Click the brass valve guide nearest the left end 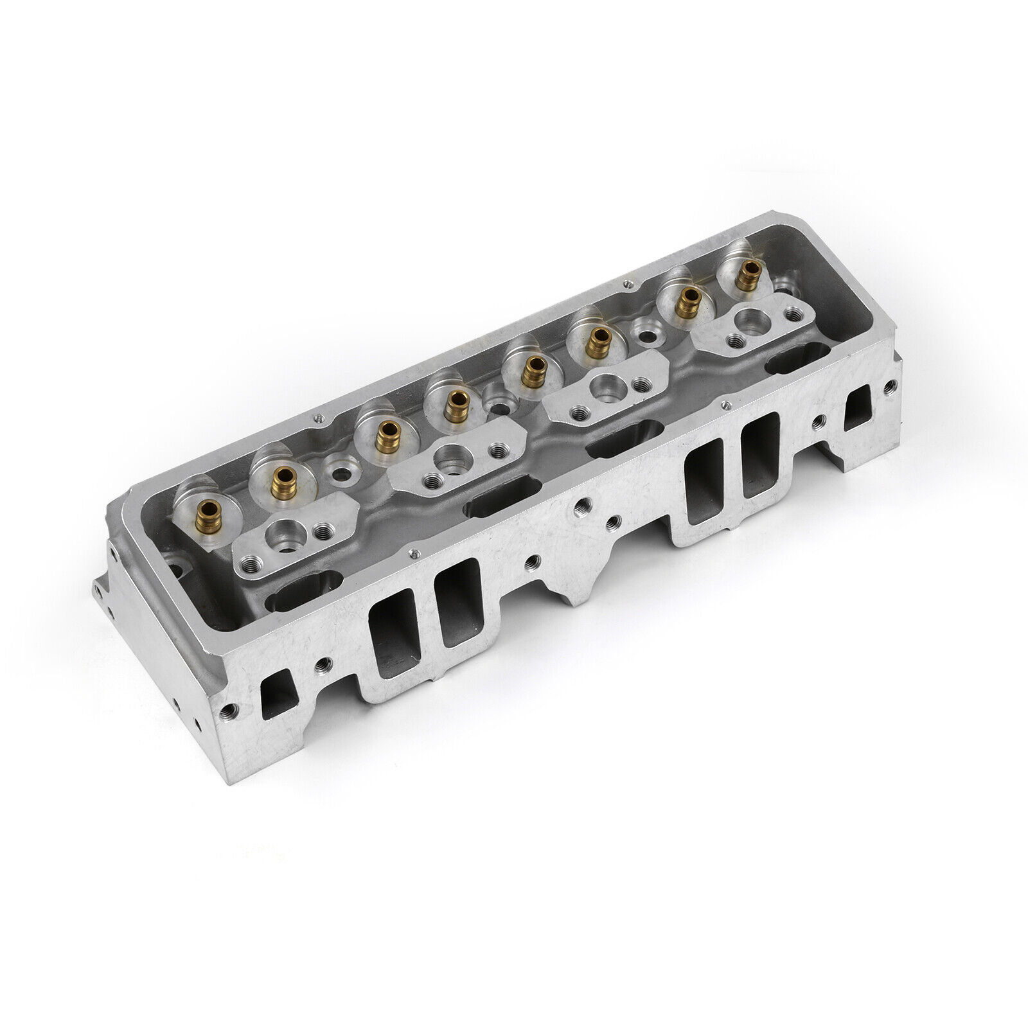tap(207, 512)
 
